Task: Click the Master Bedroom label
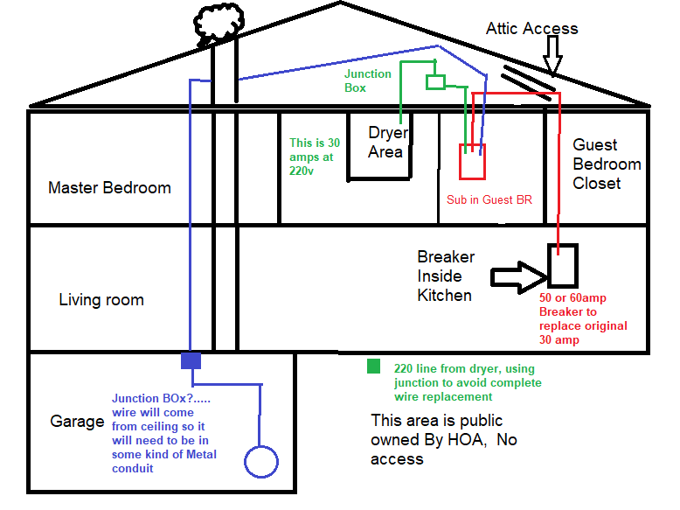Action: [x=109, y=187]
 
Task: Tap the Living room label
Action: [x=101, y=300]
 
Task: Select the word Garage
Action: [x=78, y=422]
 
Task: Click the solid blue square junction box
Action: [x=191, y=360]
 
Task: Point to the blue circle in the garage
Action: [x=260, y=461]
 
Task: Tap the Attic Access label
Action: [x=531, y=29]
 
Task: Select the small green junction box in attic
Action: [x=435, y=82]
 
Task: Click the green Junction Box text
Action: [x=367, y=80]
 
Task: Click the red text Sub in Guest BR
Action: [x=489, y=199]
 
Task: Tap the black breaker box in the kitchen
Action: [x=563, y=265]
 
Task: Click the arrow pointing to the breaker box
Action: [x=518, y=275]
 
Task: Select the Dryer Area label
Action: [x=385, y=143]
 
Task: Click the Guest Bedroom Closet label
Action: [x=607, y=164]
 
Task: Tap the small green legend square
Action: [x=373, y=367]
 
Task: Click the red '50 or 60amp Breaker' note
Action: [x=583, y=318]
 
